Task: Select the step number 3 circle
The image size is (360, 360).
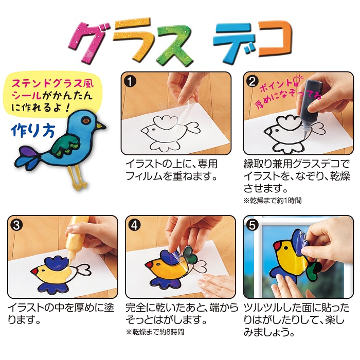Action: (x=15, y=224)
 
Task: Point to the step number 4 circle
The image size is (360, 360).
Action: (x=133, y=224)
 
